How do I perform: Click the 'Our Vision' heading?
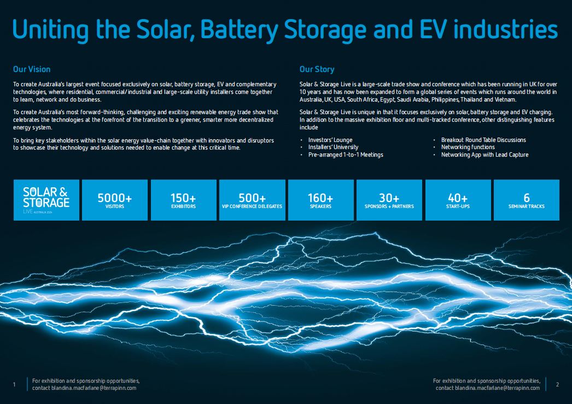tap(32, 69)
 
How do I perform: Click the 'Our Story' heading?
tap(317, 69)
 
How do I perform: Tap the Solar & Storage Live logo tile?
tap(46, 200)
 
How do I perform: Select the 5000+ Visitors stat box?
tap(115, 200)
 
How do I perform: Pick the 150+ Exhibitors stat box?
tap(184, 200)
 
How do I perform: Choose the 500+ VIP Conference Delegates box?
tap(252, 200)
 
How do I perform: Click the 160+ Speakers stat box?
tap(320, 200)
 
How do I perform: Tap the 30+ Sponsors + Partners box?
tap(389, 200)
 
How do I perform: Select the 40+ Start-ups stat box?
tap(458, 200)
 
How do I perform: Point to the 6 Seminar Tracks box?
tap(527, 200)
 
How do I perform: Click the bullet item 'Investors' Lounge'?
tap(330, 140)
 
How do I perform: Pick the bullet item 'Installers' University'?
tap(333, 147)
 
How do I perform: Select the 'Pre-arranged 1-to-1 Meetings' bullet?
tap(346, 155)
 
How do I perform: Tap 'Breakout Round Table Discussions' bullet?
tap(483, 140)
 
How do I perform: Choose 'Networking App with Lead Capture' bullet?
tap(485, 155)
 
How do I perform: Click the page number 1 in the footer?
tap(14, 385)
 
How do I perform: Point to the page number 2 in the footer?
tap(557, 384)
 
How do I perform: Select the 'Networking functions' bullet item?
tap(468, 147)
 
